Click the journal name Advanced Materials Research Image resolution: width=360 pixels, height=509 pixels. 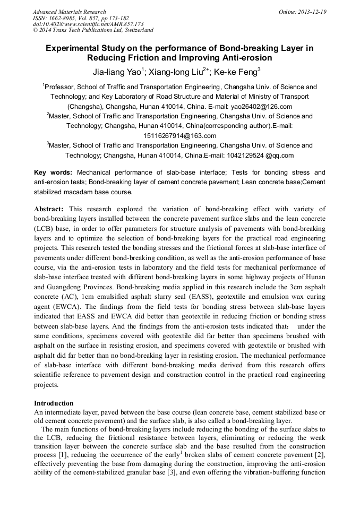coord(69,12)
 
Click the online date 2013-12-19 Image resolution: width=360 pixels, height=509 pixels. coord(313,12)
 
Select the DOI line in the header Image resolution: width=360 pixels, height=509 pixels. coord(88,24)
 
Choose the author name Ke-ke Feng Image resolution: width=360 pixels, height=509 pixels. coord(235,72)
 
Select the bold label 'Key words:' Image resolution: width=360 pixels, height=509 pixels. coord(54,172)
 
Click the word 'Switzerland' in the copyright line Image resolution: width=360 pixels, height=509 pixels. coord(132,30)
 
